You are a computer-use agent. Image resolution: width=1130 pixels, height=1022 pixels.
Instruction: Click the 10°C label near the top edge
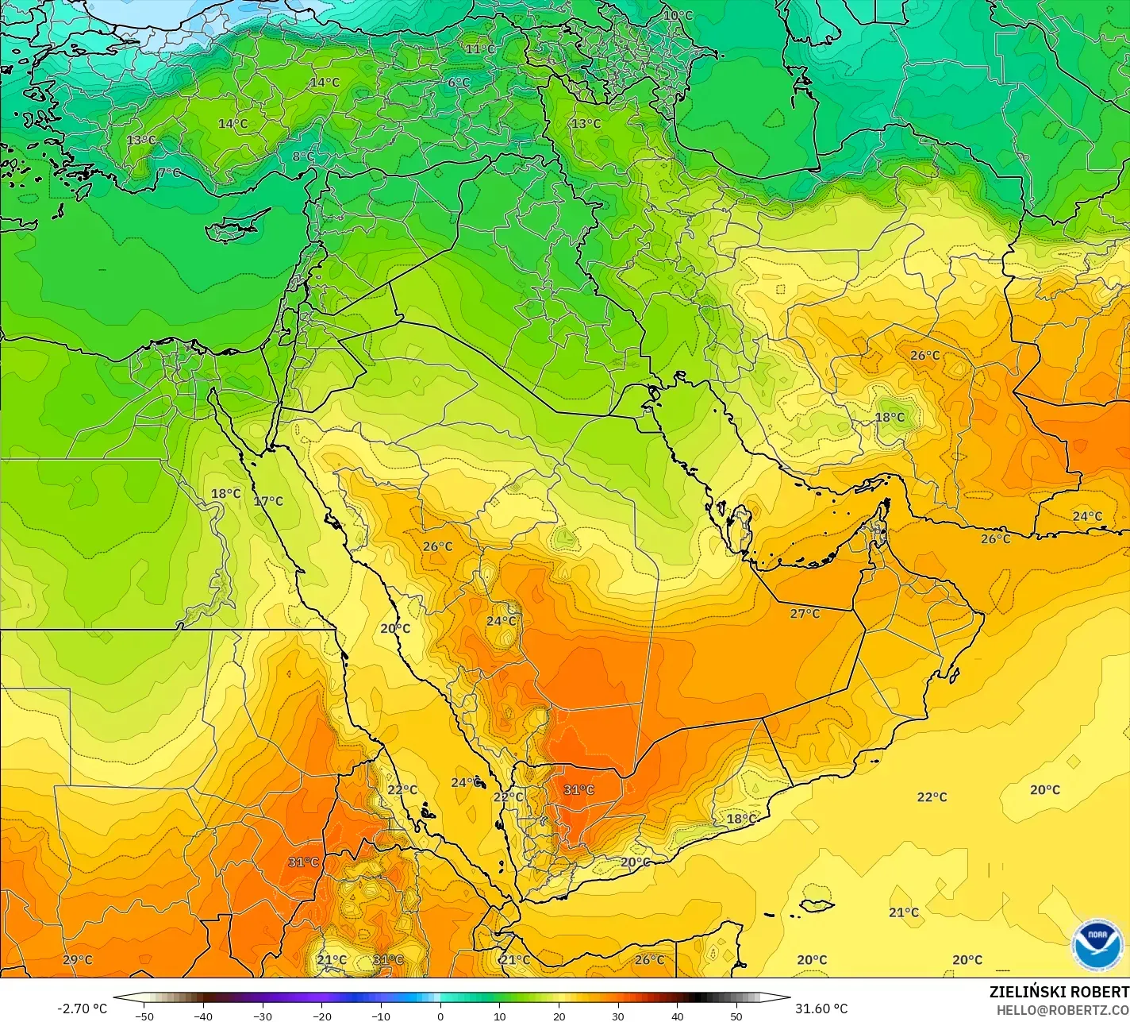click(678, 16)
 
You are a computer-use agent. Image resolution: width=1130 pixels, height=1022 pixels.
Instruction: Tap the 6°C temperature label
click(459, 83)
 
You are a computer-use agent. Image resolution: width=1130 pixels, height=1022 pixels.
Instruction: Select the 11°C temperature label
click(480, 49)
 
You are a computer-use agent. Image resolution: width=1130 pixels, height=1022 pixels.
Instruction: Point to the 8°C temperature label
click(303, 156)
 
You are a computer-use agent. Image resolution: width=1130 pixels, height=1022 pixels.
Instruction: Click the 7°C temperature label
click(168, 172)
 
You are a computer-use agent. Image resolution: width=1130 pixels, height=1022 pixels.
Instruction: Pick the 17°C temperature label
click(268, 501)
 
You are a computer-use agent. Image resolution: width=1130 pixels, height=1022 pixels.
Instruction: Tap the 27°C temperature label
click(805, 614)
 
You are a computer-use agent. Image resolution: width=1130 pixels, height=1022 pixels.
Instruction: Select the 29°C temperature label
click(77, 960)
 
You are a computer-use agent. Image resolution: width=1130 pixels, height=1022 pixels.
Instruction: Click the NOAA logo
click(1097, 944)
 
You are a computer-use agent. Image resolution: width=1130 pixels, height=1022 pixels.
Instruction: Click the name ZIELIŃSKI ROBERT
click(1059, 993)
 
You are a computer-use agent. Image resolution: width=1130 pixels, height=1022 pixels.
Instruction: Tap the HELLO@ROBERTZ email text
click(1063, 1009)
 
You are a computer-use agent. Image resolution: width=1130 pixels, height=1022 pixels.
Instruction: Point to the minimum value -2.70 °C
click(82, 1009)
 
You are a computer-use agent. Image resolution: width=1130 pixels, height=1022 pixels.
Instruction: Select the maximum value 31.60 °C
click(822, 1009)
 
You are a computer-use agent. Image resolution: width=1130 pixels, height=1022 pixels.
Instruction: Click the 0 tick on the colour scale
click(440, 1016)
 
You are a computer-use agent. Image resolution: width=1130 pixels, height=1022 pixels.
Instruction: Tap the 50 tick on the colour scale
click(736, 1016)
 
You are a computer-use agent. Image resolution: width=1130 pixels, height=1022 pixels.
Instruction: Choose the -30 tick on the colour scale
click(263, 1016)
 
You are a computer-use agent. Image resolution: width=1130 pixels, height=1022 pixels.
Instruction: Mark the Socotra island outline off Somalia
click(816, 905)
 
